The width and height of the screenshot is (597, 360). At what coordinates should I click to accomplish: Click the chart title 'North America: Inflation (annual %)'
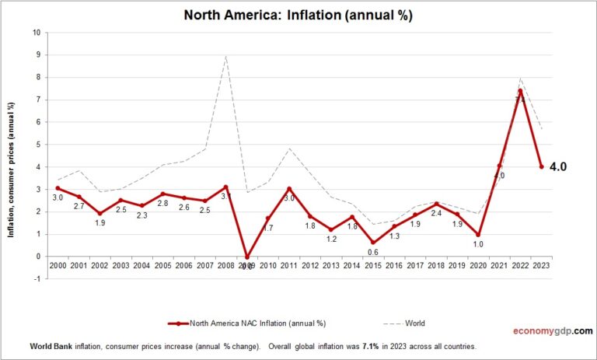click(x=298, y=15)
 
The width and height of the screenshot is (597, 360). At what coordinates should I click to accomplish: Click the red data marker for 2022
click(x=521, y=91)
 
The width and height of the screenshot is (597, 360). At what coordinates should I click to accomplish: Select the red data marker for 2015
click(x=372, y=243)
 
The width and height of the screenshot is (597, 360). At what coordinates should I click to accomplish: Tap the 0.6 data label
click(x=372, y=253)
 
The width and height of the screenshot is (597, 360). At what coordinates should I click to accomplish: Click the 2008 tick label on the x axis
click(x=225, y=266)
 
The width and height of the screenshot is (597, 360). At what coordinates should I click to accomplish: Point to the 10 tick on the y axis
click(x=36, y=33)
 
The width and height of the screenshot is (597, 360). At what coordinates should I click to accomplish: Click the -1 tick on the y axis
click(x=36, y=279)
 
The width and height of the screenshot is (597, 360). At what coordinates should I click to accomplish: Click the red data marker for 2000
click(x=58, y=188)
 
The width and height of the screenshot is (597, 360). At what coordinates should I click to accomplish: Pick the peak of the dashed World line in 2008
click(x=225, y=56)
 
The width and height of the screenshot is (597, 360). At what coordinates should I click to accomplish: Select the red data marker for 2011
click(x=288, y=189)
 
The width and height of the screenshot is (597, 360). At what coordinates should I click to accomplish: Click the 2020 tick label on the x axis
click(x=479, y=266)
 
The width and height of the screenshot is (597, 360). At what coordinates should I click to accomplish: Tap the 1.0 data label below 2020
click(x=479, y=244)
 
